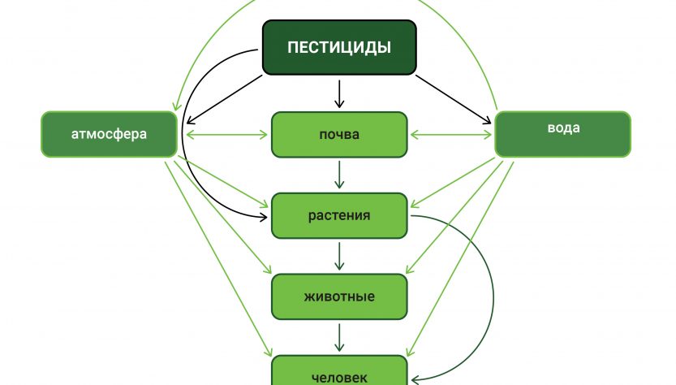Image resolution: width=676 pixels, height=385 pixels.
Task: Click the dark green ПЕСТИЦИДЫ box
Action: [x=339, y=47]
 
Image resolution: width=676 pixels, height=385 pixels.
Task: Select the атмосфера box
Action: [x=110, y=134]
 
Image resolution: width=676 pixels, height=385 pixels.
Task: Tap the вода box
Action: [x=563, y=134]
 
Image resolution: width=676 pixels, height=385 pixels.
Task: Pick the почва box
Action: [x=339, y=135]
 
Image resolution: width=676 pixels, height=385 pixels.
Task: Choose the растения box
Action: [x=339, y=215]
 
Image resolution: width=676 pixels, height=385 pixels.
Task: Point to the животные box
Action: [x=339, y=296]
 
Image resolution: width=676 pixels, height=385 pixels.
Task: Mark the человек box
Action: [x=339, y=374]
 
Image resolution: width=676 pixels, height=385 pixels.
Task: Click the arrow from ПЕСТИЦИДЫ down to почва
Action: [x=339, y=92]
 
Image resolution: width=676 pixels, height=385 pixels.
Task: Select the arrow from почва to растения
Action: [x=339, y=174]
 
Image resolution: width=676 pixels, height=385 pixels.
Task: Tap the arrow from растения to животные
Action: [x=339, y=255]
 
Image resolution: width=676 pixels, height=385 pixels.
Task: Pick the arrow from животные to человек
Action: [x=339, y=336]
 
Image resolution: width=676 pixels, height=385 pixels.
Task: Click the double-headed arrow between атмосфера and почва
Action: [x=224, y=135]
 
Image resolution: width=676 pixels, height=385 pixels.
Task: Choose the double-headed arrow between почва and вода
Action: [x=450, y=135]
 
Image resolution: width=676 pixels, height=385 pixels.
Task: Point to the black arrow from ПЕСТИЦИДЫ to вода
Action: [x=454, y=99]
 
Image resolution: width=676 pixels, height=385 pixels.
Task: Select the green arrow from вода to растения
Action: [x=454, y=180]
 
